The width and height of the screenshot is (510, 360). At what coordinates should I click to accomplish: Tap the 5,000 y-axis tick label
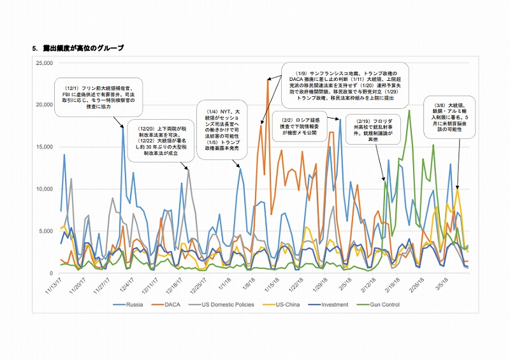(45, 230)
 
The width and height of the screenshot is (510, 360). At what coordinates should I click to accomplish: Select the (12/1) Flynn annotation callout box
(89, 96)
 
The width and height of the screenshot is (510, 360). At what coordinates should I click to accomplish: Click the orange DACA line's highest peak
(268, 80)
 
